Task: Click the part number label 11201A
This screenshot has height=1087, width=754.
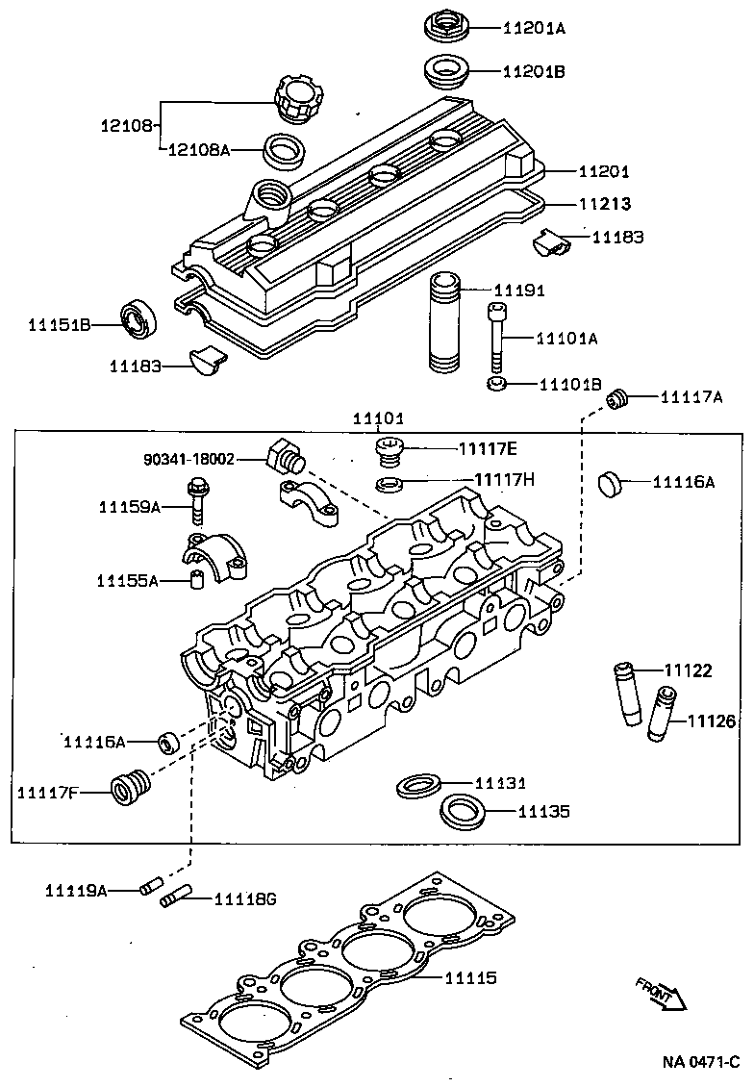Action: point(534,28)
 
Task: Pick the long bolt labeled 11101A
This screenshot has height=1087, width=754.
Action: point(496,338)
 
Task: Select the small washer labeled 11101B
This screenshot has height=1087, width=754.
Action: point(496,385)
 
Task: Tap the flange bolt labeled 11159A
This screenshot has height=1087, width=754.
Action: point(198,505)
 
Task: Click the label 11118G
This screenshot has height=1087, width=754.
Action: point(244,898)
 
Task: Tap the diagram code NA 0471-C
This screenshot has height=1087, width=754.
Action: point(699,1062)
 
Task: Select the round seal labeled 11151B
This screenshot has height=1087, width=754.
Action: point(139,319)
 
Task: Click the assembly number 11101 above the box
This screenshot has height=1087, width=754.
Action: point(378,418)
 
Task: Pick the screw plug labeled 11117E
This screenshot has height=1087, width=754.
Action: point(390,450)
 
